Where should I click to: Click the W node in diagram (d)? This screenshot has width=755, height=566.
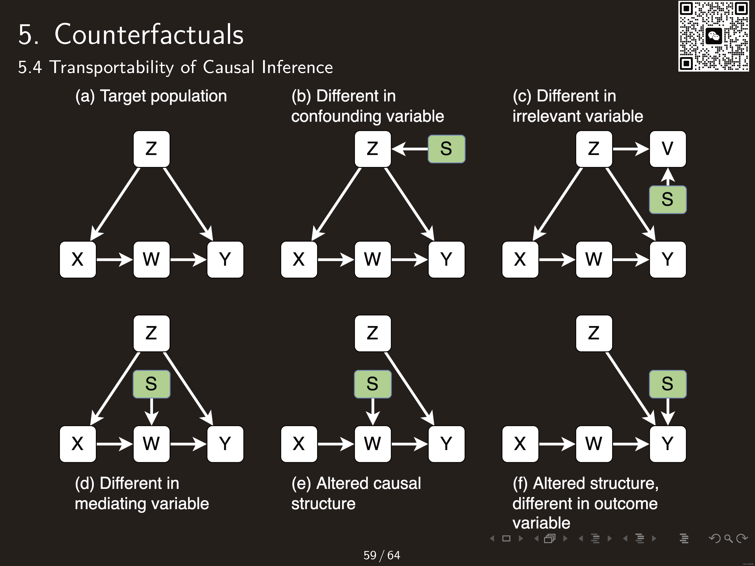click(151, 444)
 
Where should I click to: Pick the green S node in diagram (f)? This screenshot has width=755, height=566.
click(667, 384)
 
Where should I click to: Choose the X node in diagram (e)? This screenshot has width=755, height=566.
click(299, 444)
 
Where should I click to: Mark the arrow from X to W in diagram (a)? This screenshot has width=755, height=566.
click(114, 260)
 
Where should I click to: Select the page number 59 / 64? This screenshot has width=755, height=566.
click(382, 555)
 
